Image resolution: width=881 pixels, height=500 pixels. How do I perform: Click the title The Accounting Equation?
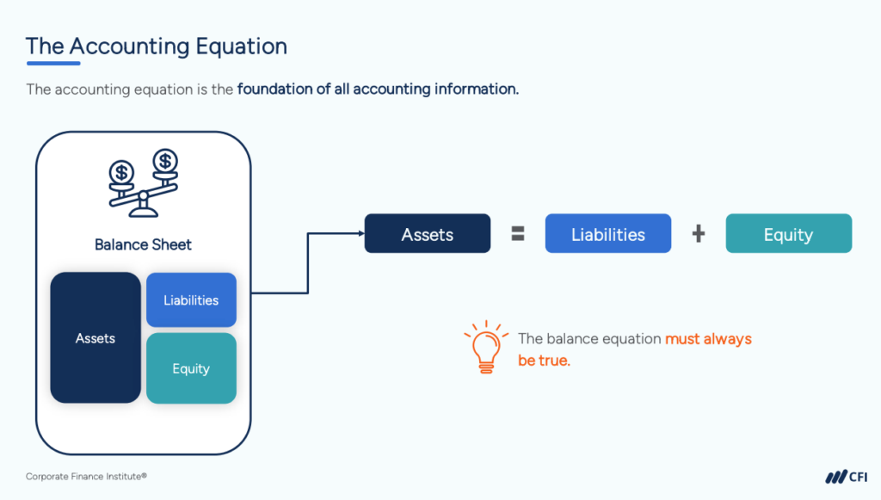pyautogui.click(x=156, y=46)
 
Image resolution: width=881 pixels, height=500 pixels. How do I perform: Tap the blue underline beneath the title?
pyautogui.click(x=53, y=63)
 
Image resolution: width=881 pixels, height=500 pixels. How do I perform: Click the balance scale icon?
pyautogui.click(x=143, y=182)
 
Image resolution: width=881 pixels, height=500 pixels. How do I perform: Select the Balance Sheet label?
pyautogui.click(x=143, y=244)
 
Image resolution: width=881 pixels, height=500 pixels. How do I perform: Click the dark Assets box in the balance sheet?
pyautogui.click(x=95, y=338)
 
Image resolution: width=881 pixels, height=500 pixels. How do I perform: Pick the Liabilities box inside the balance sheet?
pyautogui.click(x=191, y=300)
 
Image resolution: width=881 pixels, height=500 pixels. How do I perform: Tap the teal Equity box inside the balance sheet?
pyautogui.click(x=191, y=368)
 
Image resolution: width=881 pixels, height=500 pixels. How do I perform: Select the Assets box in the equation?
pyautogui.click(x=428, y=234)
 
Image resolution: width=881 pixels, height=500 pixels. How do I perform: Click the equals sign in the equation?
pyautogui.click(x=518, y=234)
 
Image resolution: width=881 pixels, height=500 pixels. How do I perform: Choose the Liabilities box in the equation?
pyautogui.click(x=608, y=234)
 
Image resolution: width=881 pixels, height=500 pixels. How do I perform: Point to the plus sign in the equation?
pyautogui.click(x=699, y=234)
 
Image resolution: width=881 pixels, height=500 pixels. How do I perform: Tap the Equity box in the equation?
pyautogui.click(x=788, y=234)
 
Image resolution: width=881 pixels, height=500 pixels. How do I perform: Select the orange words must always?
pyautogui.click(x=708, y=339)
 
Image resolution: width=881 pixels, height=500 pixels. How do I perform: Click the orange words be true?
pyautogui.click(x=544, y=361)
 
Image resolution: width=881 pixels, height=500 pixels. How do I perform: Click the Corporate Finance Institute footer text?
pyautogui.click(x=80, y=476)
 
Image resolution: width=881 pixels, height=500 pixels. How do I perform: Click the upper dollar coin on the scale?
pyautogui.click(x=165, y=160)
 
